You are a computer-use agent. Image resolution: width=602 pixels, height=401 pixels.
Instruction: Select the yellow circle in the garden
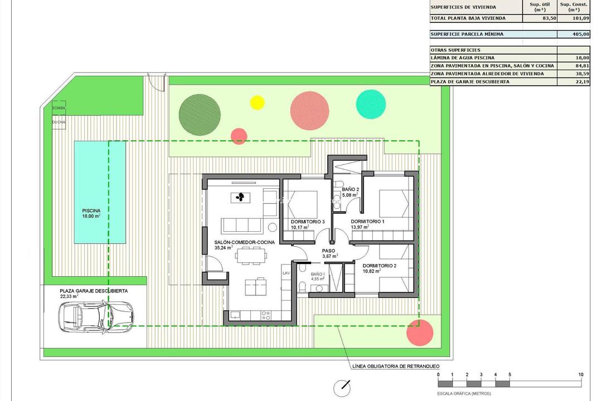(x=257, y=102)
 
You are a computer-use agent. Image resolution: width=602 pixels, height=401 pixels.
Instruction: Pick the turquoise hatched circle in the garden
(x=371, y=103)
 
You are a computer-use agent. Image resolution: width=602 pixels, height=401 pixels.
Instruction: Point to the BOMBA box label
(x=59, y=108)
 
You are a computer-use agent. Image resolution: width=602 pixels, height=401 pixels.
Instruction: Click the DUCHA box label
(x=59, y=121)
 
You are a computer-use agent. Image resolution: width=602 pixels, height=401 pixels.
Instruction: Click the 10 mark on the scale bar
(x=581, y=375)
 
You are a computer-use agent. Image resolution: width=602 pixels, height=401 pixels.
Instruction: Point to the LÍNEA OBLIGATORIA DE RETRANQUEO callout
(x=396, y=366)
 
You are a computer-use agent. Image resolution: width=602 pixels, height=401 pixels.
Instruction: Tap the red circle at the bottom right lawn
(x=420, y=332)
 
